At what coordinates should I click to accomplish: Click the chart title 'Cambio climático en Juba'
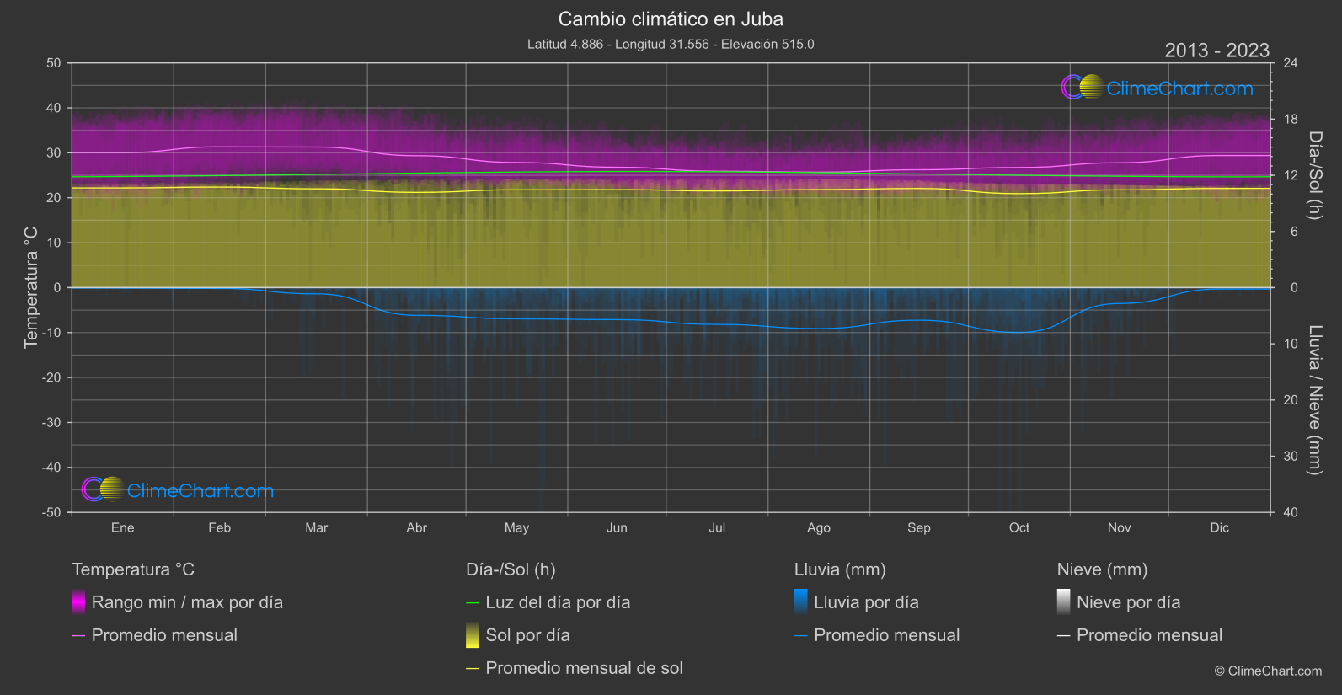671,19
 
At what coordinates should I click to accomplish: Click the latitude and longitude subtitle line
671,44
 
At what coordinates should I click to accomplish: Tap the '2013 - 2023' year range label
1216,51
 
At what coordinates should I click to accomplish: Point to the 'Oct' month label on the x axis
1019,527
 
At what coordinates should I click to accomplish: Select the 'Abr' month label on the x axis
416,527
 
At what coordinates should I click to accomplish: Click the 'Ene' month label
123,527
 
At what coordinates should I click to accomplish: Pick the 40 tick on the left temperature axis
53,108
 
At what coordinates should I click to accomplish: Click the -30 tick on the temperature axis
51,422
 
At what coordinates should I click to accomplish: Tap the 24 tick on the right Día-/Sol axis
1290,63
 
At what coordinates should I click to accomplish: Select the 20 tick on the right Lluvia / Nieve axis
1290,400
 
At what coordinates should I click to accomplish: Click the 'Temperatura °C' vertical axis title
31,286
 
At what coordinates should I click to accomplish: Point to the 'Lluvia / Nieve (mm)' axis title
1314,400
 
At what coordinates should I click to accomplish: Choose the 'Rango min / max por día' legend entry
187,602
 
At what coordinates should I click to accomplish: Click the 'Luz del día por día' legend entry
558,602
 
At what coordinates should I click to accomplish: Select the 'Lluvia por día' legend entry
866,602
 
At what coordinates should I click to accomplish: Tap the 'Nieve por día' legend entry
1128,602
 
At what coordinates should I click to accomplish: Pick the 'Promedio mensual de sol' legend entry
584,668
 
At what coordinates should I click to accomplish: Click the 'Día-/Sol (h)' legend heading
511,569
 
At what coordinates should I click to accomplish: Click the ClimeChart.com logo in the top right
1158,88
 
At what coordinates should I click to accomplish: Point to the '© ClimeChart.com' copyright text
1268,671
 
